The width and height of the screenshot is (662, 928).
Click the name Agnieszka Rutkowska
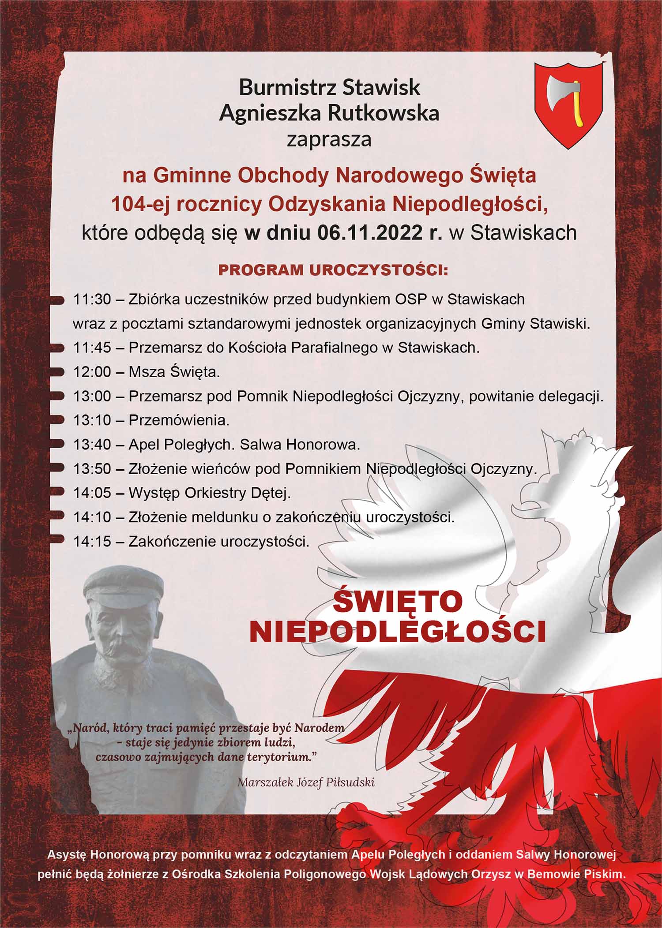click(x=329, y=113)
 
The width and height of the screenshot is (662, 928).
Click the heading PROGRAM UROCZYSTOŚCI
click(x=333, y=270)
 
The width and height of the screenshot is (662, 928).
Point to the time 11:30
click(x=92, y=299)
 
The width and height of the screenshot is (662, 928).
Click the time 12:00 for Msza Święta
click(x=92, y=372)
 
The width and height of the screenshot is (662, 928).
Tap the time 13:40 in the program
click(x=92, y=445)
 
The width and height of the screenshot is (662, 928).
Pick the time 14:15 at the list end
click(x=92, y=541)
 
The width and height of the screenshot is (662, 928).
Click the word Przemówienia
click(x=179, y=420)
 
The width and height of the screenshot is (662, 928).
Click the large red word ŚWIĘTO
click(x=398, y=602)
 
